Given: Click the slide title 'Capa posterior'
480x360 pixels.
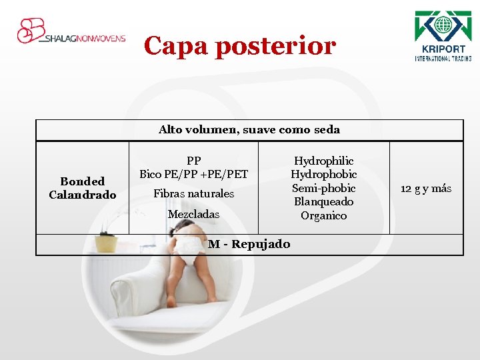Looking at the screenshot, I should (240, 46).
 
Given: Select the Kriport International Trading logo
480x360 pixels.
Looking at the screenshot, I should (443, 36).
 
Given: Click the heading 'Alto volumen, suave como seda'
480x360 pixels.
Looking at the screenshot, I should (249, 130).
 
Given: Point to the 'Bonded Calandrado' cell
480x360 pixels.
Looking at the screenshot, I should (83, 188).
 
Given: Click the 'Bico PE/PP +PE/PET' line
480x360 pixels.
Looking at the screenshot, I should (193, 175).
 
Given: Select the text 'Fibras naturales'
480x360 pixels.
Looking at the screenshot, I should (193, 194).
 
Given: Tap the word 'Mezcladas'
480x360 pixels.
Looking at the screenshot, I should (193, 215).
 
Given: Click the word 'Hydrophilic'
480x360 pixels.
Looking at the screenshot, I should (324, 161).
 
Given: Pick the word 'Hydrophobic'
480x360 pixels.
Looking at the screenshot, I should (324, 175).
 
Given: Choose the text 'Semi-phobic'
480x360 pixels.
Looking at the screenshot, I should (324, 188).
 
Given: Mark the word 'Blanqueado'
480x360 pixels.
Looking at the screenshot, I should (324, 202).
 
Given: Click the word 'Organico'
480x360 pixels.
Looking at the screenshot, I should (324, 216).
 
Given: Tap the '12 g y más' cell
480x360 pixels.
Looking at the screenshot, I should (426, 189).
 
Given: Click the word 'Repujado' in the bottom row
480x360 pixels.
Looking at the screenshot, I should (261, 244).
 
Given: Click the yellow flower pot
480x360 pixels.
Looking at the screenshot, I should (105, 243).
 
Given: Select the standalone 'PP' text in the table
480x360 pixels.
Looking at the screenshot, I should (193, 161).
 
